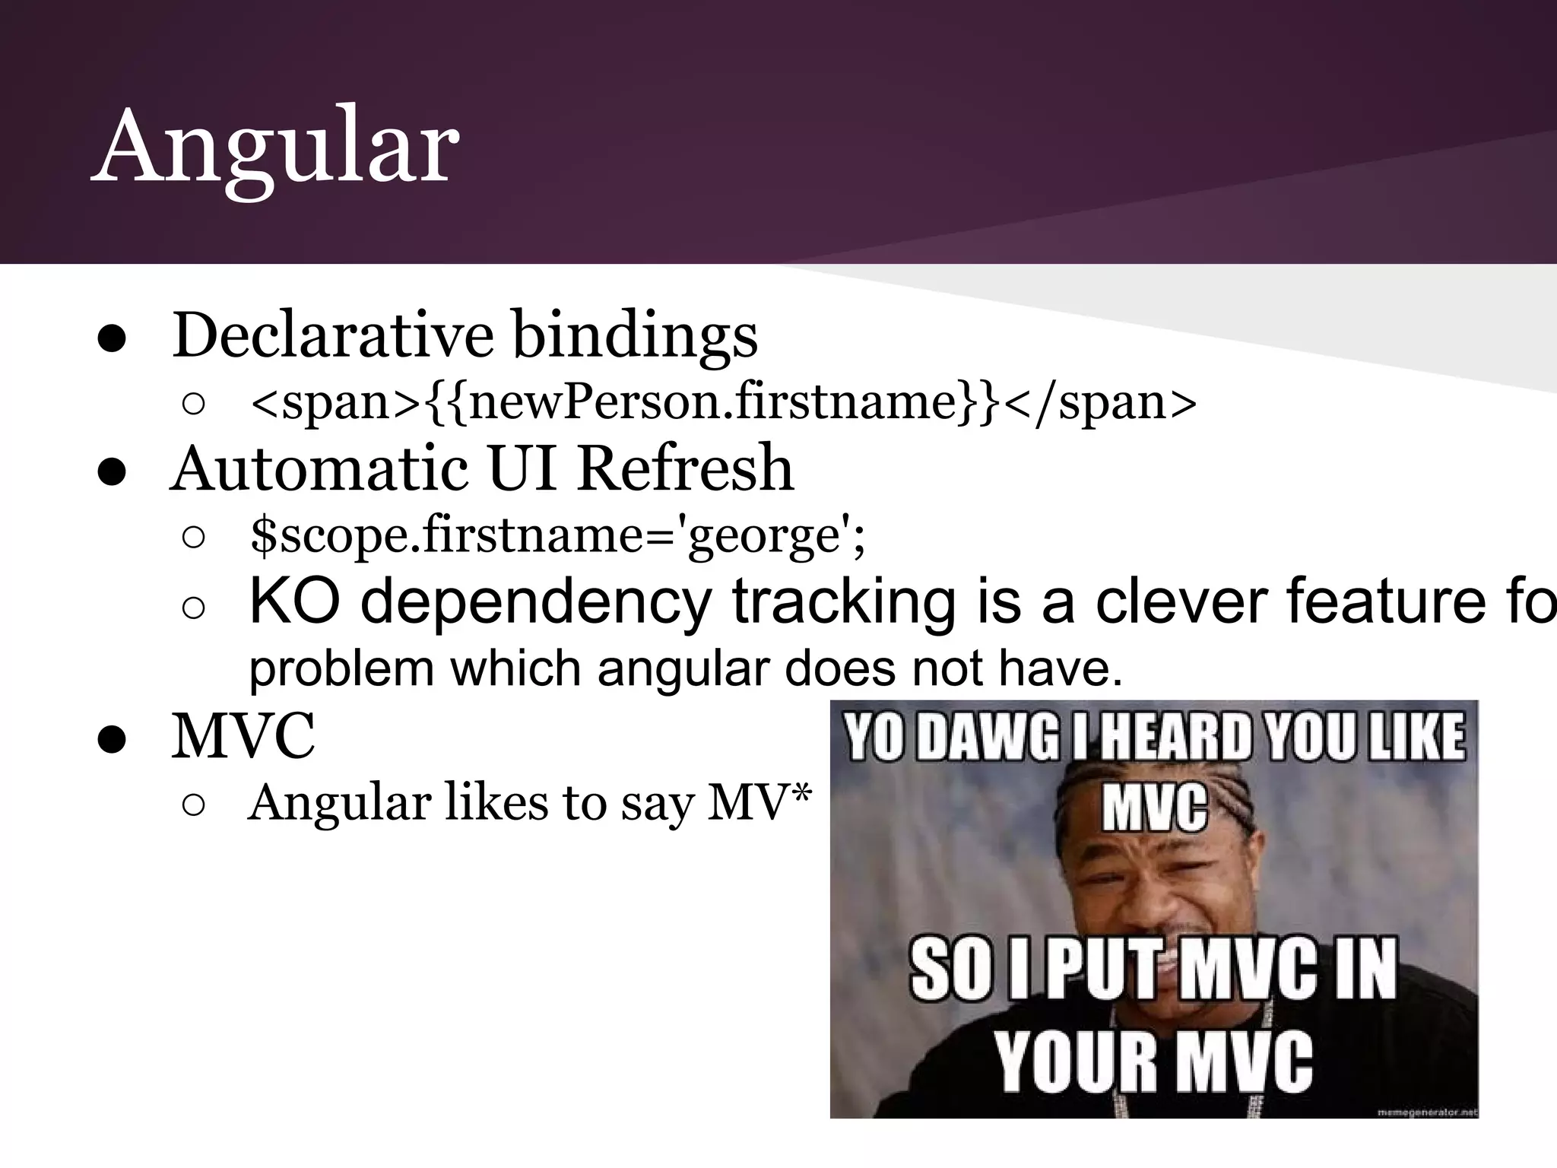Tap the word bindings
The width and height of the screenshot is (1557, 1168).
pos(635,336)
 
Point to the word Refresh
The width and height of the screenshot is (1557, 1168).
pos(685,468)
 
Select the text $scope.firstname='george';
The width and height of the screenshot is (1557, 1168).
pos(557,535)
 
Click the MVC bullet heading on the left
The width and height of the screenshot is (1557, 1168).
pos(243,736)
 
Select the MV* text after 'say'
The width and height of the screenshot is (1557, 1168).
pos(759,802)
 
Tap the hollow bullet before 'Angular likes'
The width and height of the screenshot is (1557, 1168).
pos(194,807)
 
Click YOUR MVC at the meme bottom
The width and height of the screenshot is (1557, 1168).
pos(1153,1062)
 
